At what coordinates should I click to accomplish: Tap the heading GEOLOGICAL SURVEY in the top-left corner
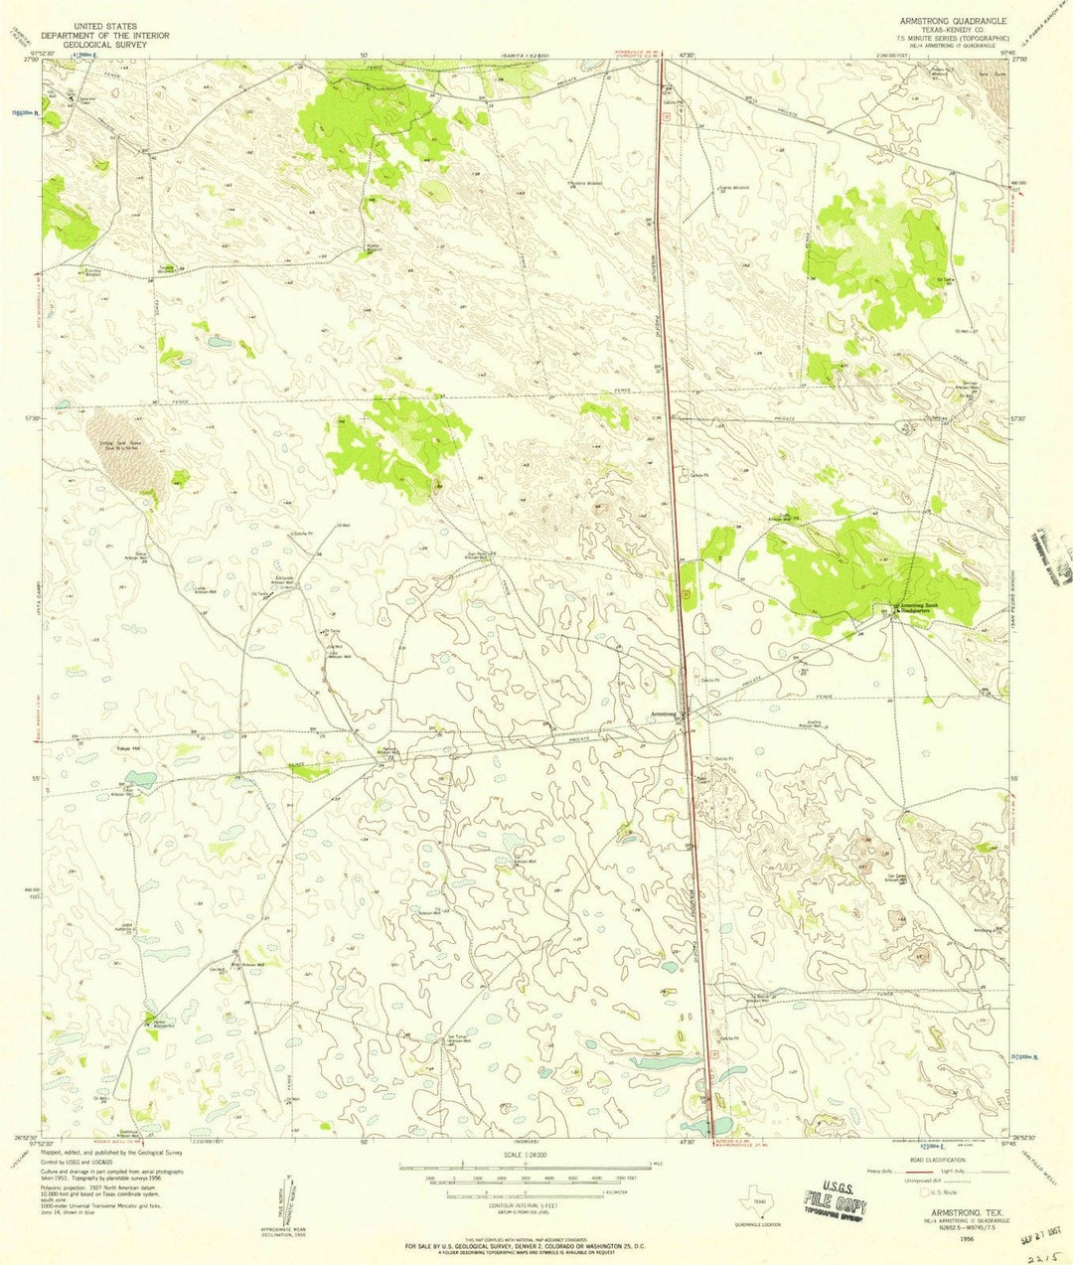pyautogui.click(x=111, y=44)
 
